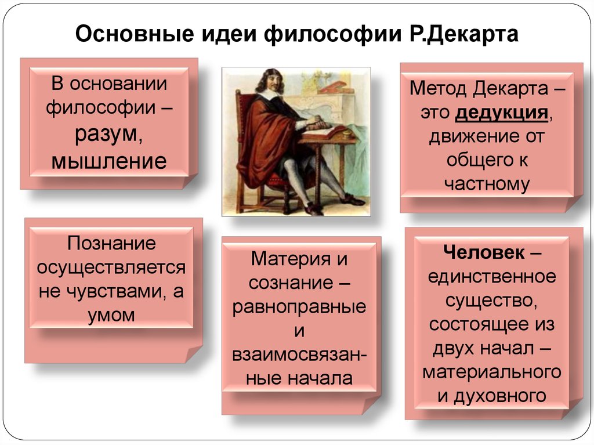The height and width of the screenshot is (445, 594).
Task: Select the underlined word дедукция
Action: [502, 113]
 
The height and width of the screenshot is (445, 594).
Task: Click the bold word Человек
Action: [484, 252]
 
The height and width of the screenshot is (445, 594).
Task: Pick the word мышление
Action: [109, 161]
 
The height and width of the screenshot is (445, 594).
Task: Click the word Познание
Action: [111, 243]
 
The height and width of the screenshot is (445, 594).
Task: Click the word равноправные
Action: [299, 307]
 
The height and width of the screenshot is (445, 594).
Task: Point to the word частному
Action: [487, 184]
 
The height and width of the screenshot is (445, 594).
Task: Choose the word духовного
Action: [500, 395]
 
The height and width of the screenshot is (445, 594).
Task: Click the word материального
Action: [492, 372]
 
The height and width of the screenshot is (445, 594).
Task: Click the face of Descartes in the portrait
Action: [270, 82]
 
